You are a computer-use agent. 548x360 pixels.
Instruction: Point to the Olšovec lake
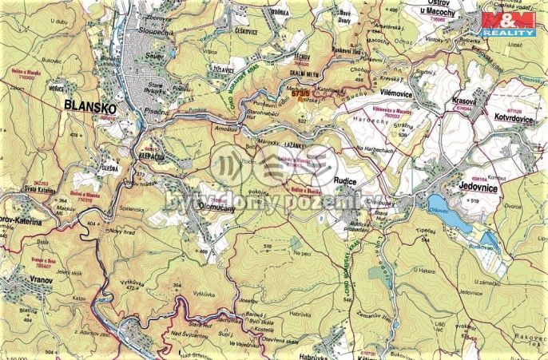coord(443,206)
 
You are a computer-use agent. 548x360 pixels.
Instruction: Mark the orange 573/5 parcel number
coord(301,93)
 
